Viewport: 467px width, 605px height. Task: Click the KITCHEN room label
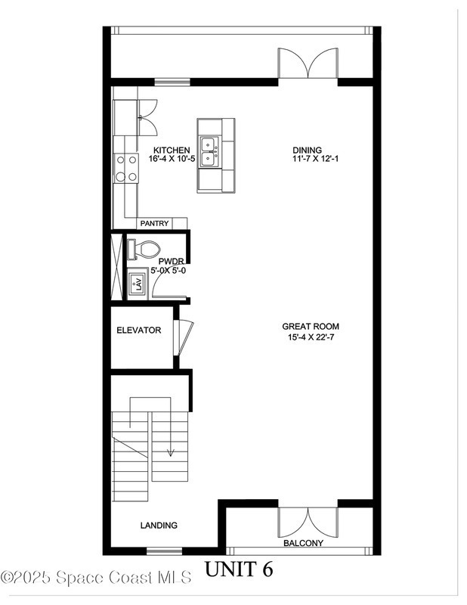pos(172,150)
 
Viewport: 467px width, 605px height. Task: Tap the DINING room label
pos(307,150)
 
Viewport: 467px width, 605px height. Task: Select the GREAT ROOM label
pos(311,327)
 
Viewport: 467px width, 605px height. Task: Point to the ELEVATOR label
pos(139,330)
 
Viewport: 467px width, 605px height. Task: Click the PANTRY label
pos(154,223)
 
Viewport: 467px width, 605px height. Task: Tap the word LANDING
pos(159,525)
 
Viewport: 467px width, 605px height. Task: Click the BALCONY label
pos(303,543)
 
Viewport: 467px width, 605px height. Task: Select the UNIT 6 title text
pos(239,569)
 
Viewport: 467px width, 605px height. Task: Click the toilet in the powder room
pos(144,249)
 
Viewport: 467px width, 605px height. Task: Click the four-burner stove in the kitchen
pos(126,168)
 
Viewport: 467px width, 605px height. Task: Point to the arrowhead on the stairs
pos(170,452)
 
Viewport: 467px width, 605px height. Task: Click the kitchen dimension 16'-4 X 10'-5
pos(172,159)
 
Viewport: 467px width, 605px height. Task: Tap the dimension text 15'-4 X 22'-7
pos(311,337)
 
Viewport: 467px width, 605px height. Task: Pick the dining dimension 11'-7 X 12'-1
pos(315,159)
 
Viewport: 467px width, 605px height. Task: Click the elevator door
pos(183,337)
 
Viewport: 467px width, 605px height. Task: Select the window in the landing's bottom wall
pos(164,551)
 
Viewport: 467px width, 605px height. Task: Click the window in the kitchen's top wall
pos(172,82)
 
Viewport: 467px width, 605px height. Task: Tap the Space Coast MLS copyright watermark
pos(97,578)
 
